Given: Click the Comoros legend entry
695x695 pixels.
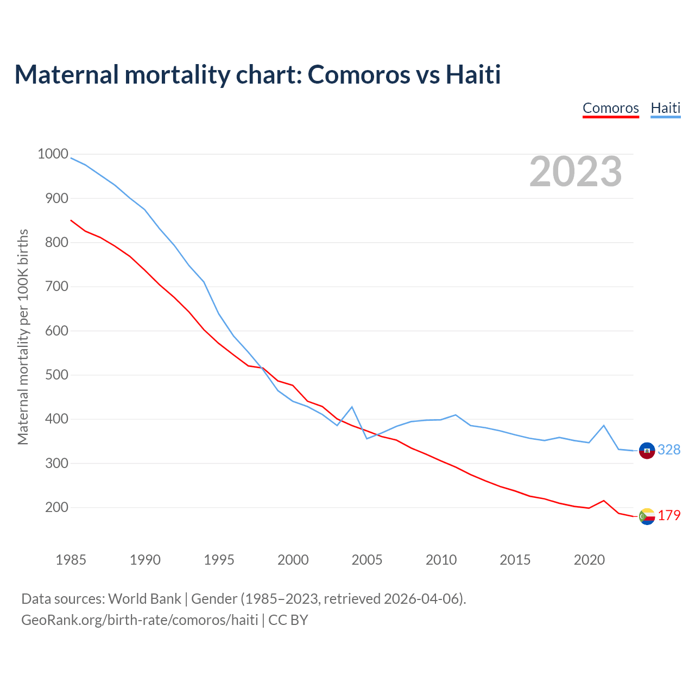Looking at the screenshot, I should pos(610,108).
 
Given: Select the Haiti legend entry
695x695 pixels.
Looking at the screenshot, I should pos(665,108).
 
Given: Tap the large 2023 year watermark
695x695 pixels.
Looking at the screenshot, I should pos(576,172).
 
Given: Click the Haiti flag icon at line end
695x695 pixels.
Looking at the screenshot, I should pos(647,450).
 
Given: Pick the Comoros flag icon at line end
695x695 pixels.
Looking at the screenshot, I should pos(647,516).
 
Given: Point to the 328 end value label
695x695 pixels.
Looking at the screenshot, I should pos(669,450).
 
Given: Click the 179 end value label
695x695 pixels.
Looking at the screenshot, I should pos(669,516).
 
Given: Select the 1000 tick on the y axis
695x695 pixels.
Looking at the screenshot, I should pos(53,154).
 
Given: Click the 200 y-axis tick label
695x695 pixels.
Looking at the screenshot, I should pos(57,508).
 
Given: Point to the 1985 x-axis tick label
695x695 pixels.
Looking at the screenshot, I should pos(71,560).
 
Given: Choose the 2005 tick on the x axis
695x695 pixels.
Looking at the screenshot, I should pos(367,560).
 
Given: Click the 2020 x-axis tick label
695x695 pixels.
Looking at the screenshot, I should pos(589,560).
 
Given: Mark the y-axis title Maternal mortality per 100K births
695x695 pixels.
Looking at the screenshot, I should pos(23,337).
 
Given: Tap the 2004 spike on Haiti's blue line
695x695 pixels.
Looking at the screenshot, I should pos(352,407).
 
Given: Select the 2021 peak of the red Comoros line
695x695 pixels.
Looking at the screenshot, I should pos(604,501).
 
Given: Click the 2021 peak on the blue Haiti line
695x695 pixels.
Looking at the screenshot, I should pos(604,426).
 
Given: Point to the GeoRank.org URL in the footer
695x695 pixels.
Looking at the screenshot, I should pos(140,620).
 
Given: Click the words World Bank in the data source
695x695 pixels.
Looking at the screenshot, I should pos(144,599).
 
